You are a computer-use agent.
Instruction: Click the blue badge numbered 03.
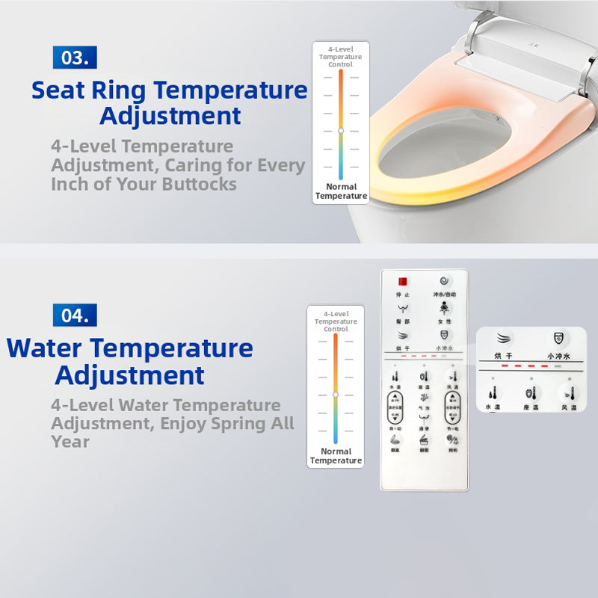pyautogui.click(x=75, y=58)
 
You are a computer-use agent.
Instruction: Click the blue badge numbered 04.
pyautogui.click(x=75, y=315)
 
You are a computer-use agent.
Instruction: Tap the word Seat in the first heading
pyautogui.click(x=59, y=90)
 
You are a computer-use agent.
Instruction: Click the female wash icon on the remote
pyautogui.click(x=445, y=307)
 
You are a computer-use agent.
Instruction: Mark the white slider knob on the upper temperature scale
pyautogui.click(x=341, y=130)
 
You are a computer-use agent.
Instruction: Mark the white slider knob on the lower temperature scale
pyautogui.click(x=336, y=394)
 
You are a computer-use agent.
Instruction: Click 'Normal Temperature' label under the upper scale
pyautogui.click(x=341, y=191)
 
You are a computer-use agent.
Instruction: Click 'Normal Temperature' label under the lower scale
pyautogui.click(x=336, y=456)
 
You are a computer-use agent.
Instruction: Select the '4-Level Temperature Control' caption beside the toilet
pyautogui.click(x=340, y=57)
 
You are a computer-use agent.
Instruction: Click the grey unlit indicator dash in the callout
pyautogui.click(x=558, y=366)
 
